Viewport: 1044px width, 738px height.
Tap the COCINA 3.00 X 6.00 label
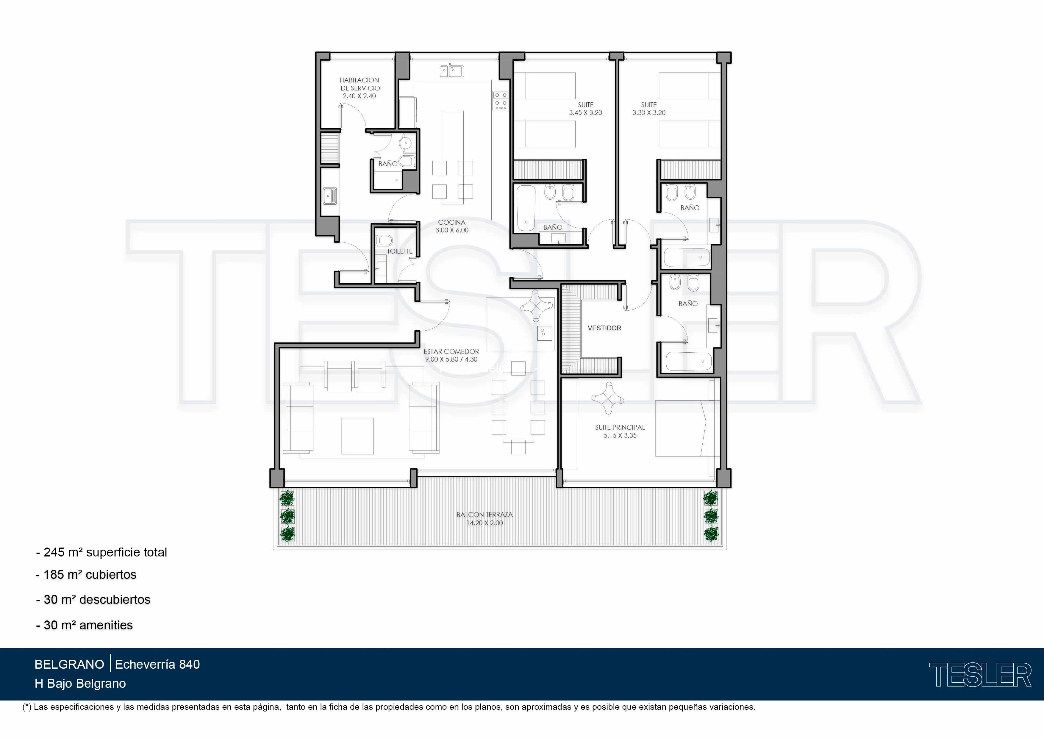click(451, 226)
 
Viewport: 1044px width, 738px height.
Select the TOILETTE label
click(400, 251)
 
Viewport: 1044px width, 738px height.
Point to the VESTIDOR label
click(604, 328)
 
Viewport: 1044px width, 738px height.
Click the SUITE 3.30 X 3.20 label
click(649, 109)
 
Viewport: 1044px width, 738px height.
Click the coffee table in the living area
click(357, 436)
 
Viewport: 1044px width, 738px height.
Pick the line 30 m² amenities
click(85, 625)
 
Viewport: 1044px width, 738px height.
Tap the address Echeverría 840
click(157, 664)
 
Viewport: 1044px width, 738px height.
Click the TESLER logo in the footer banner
click(980, 675)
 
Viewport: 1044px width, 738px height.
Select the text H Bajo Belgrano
click(80, 684)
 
